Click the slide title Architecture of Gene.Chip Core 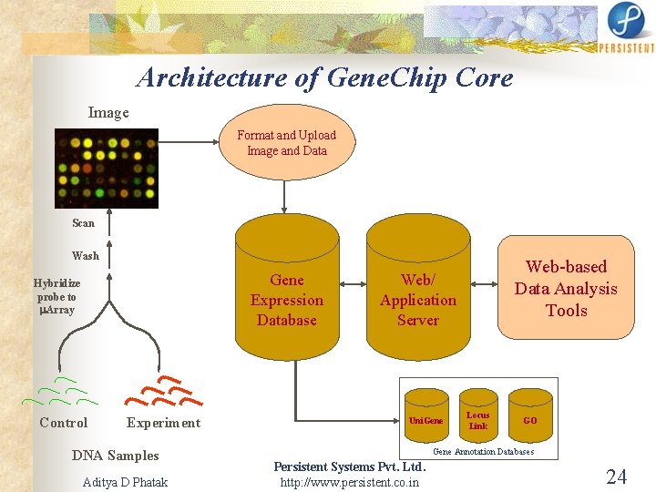pos(325,78)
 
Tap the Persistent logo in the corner pos(626,27)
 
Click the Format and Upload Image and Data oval pos(286,143)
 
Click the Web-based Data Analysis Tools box pos(566,288)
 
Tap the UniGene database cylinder pos(426,415)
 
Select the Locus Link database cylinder pos(477,415)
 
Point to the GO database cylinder pos(530,415)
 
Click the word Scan pos(83,223)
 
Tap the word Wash pos(86,256)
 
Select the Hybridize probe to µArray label pos(56,297)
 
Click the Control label pos(64,423)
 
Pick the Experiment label pos(163,423)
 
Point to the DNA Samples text pos(115,456)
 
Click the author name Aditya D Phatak pos(125,482)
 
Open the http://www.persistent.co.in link pos(350,482)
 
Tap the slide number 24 pos(617,477)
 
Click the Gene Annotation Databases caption pos(483,452)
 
